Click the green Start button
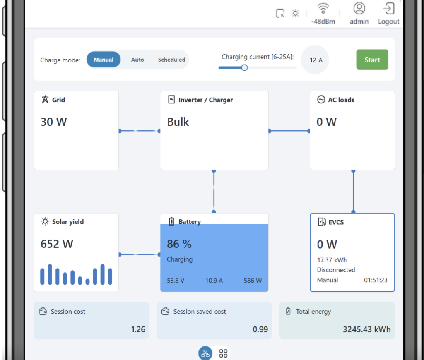372,60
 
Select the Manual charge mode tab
104,60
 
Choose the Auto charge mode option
137,60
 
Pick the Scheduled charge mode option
171,60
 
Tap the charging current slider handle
244,67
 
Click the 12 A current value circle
316,60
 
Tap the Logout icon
389,9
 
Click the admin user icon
359,9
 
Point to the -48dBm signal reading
323,22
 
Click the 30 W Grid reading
54,122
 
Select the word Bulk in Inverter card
178,122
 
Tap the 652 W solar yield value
57,244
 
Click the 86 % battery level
179,244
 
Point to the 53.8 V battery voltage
176,281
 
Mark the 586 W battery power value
253,281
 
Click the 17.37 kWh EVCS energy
332,260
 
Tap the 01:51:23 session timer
376,280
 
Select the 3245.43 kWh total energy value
366,329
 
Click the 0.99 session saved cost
260,329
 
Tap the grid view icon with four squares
224,353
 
